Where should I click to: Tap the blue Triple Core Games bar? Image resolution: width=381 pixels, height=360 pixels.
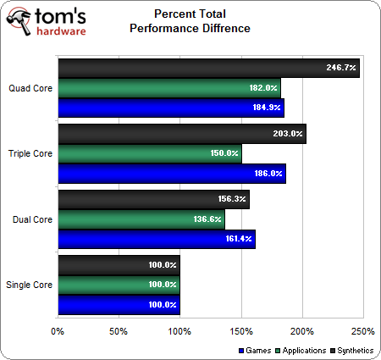click(169, 174)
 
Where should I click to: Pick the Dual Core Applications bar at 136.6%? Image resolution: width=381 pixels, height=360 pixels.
click(140, 219)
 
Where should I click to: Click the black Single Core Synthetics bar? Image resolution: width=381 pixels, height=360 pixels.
click(119, 265)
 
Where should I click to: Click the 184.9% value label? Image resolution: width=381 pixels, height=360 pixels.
click(267, 108)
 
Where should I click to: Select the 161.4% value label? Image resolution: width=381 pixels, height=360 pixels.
click(238, 240)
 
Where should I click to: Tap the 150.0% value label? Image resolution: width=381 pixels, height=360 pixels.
click(224, 153)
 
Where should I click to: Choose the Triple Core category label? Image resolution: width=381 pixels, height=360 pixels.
click(29, 153)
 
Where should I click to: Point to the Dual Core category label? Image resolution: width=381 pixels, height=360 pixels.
click(30, 219)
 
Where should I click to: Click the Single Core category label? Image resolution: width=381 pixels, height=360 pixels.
click(29, 285)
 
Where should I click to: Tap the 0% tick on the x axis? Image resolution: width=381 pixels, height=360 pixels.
click(58, 330)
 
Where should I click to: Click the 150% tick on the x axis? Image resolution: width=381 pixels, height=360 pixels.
click(240, 330)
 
